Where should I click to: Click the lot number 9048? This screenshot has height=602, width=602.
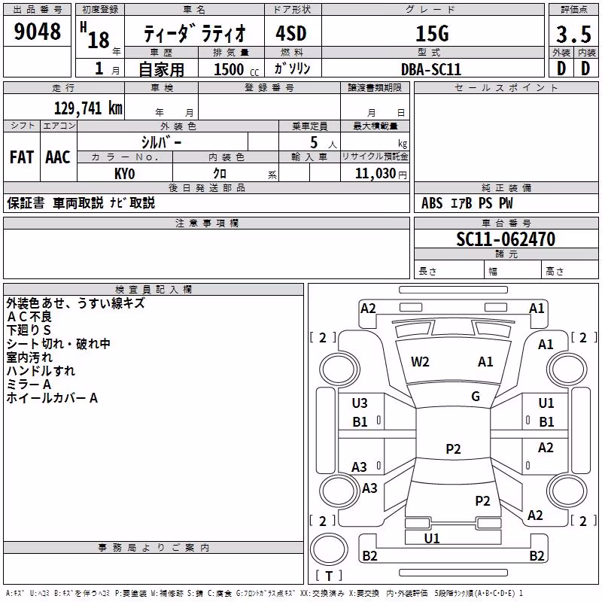tap(37, 32)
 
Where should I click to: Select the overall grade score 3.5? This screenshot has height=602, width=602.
tap(573, 34)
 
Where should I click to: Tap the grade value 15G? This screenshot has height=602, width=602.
tap(432, 34)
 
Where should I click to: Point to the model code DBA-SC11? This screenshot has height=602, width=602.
tap(430, 69)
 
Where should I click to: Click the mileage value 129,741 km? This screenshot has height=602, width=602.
tap(88, 108)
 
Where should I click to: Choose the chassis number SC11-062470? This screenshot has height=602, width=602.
tap(506, 239)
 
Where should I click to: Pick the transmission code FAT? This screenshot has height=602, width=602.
tap(22, 157)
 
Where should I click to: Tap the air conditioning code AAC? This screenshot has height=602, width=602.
tap(58, 157)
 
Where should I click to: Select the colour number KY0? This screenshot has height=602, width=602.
tap(124, 174)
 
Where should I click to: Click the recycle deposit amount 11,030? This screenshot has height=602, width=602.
tap(375, 174)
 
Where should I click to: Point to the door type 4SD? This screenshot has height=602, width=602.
tap(291, 33)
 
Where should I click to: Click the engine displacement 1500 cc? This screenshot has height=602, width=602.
tap(236, 69)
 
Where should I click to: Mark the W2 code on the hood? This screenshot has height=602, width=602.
tap(420, 362)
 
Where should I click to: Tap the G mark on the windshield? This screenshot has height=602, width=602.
tap(476, 397)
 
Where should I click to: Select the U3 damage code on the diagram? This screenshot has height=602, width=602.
tap(360, 403)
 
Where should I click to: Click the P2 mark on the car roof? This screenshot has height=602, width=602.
tap(453, 448)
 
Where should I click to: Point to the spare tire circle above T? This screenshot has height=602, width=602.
tap(329, 549)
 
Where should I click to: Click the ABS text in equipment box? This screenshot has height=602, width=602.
tap(432, 203)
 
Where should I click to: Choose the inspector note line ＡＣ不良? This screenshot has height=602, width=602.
tap(29, 317)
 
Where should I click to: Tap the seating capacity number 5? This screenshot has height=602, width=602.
tap(314, 142)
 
